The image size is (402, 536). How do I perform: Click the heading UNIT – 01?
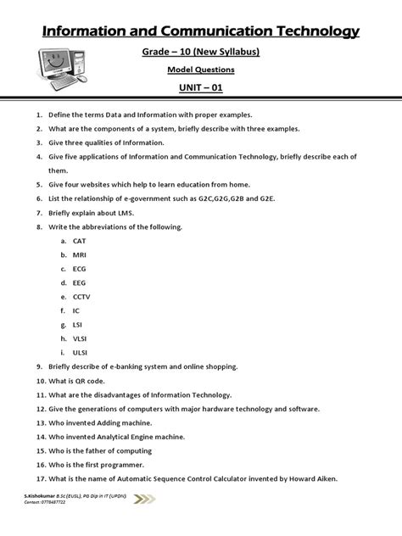point(200,88)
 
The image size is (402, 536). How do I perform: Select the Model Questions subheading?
point(200,71)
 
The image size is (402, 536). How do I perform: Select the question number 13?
point(39,423)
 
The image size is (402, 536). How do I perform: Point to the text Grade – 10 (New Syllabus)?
point(200,53)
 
